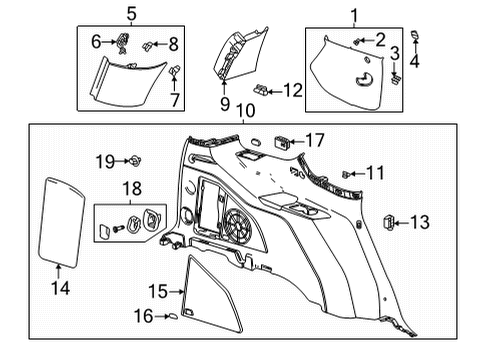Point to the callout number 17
click(315, 140)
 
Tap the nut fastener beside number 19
click(133, 160)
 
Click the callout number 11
click(374, 174)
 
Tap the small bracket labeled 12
click(262, 88)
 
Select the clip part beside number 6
click(125, 40)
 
